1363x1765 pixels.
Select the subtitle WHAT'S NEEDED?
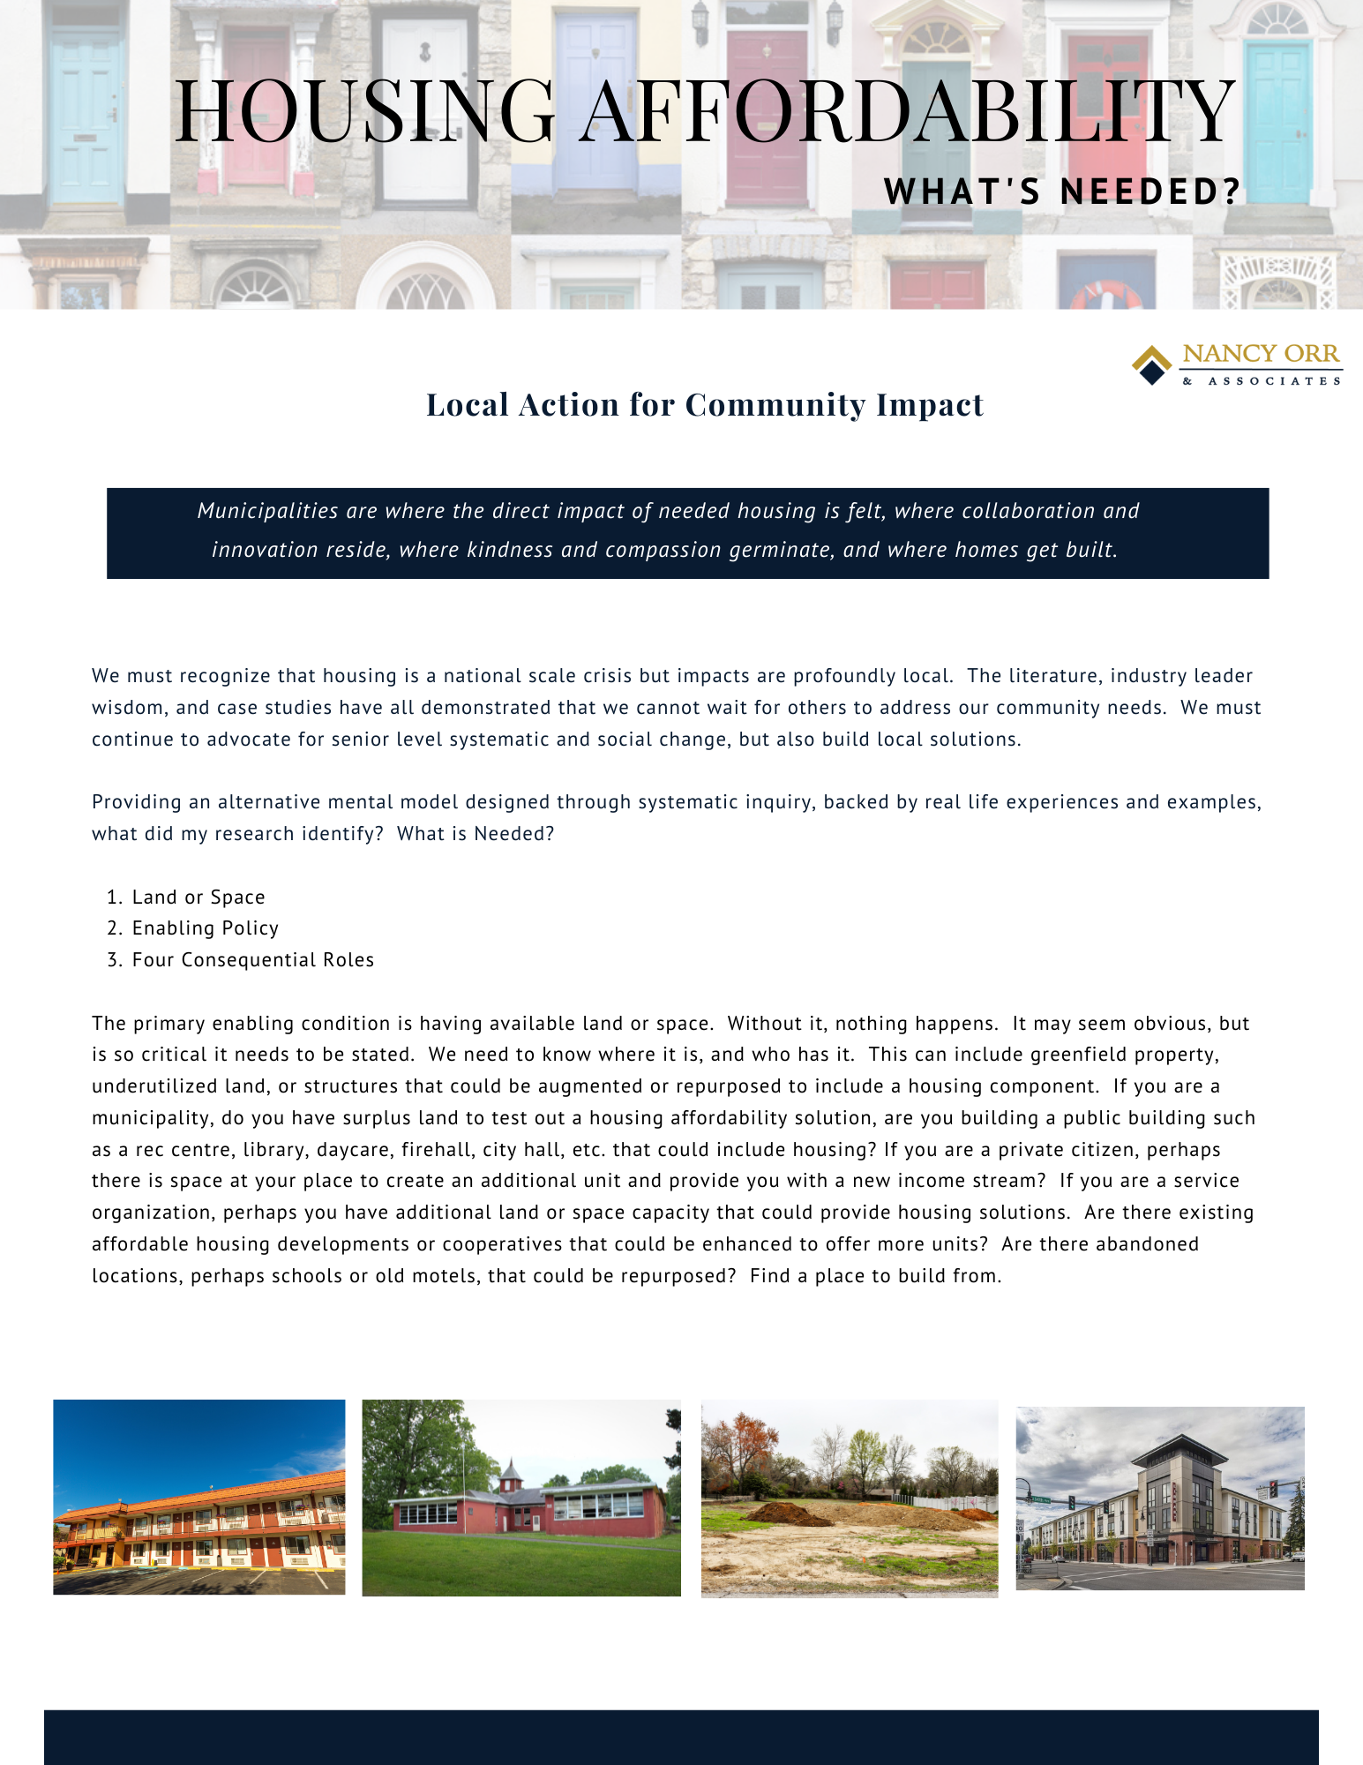point(1062,192)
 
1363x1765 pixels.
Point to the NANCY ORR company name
point(1261,354)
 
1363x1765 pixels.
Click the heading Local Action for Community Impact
point(705,405)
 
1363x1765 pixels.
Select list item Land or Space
point(198,898)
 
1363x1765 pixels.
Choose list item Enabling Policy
point(205,928)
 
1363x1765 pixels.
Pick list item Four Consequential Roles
point(252,960)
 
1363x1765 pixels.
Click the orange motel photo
point(199,1497)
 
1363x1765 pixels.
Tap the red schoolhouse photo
point(521,1498)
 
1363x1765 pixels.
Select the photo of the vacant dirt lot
point(850,1498)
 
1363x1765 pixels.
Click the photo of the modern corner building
point(1160,1498)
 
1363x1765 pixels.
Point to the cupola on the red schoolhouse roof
point(510,1471)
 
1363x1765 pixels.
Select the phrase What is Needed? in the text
point(476,834)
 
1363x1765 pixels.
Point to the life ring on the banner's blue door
point(1106,296)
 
